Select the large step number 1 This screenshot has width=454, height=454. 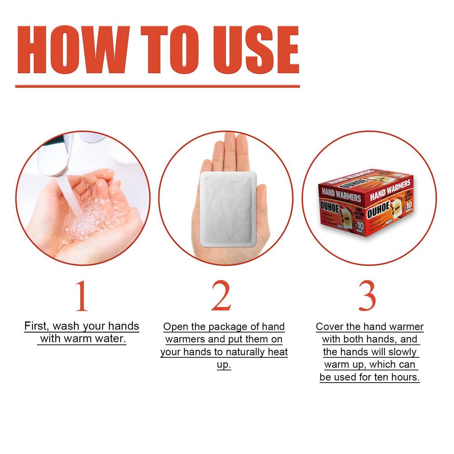[81, 296]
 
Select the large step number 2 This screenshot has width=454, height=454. [221, 296]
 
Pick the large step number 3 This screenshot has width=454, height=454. [367, 296]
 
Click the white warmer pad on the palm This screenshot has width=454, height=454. [228, 208]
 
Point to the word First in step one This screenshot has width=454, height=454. [35, 326]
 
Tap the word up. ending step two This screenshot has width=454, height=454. [224, 365]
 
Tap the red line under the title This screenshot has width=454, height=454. [157, 86]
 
